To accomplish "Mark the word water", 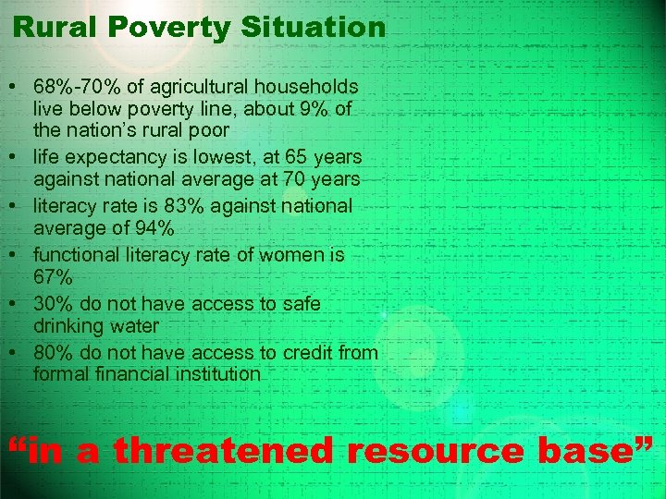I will pyautogui.click(x=133, y=326).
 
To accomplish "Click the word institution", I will pyautogui.click(x=216, y=374).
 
